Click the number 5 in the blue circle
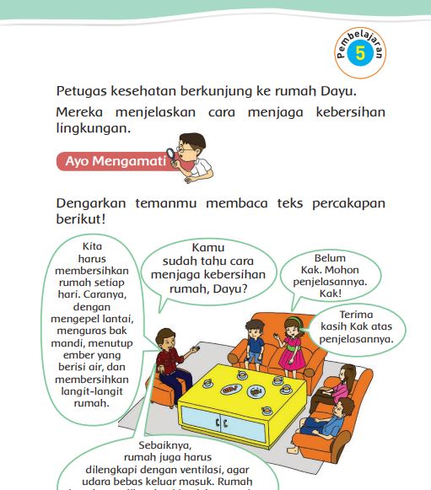361,54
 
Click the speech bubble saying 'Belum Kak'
331,274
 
